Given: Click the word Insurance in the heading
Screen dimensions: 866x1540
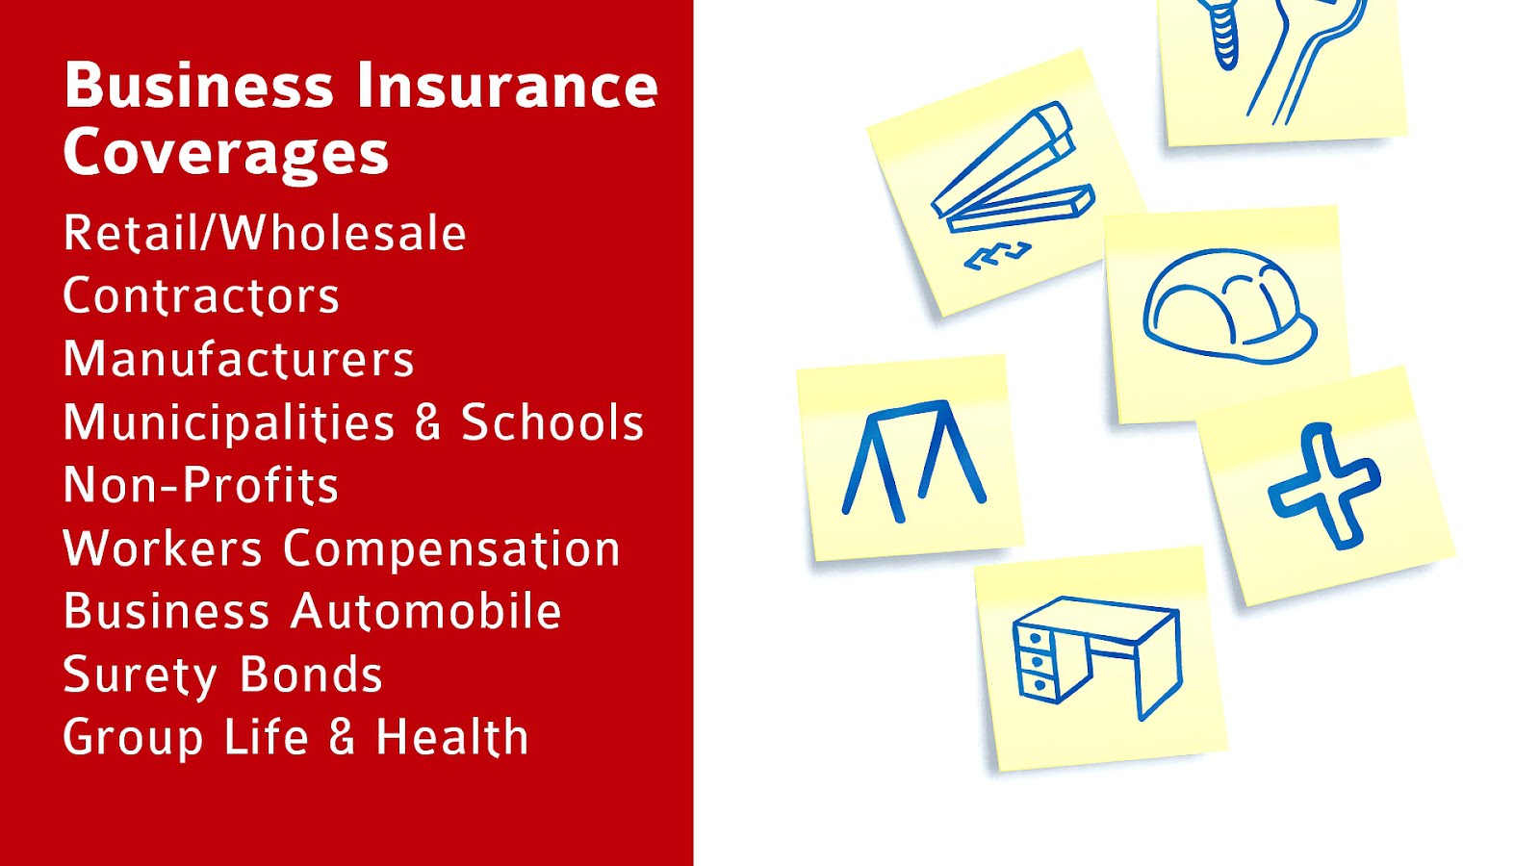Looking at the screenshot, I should click(507, 86).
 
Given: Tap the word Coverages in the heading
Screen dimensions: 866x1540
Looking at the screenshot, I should click(226, 154).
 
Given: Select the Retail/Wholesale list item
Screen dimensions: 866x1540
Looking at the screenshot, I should click(265, 234).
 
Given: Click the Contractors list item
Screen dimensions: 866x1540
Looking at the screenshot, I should click(201, 296).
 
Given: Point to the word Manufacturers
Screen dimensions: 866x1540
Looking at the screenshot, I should click(239, 359).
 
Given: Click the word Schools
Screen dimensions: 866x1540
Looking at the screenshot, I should click(552, 422).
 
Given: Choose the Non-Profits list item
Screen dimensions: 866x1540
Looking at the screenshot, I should click(201, 485).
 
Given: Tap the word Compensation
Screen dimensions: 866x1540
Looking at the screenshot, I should click(451, 549).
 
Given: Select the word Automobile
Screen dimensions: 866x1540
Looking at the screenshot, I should click(426, 612).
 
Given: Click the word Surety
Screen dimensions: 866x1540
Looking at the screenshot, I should click(140, 675).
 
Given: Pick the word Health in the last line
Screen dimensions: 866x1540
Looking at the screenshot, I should click(451, 738).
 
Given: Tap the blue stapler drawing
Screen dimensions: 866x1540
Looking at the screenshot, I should click(1011, 173).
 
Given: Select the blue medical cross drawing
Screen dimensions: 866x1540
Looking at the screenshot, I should click(1324, 486).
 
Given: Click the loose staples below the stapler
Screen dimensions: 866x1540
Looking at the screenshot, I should click(997, 256).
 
